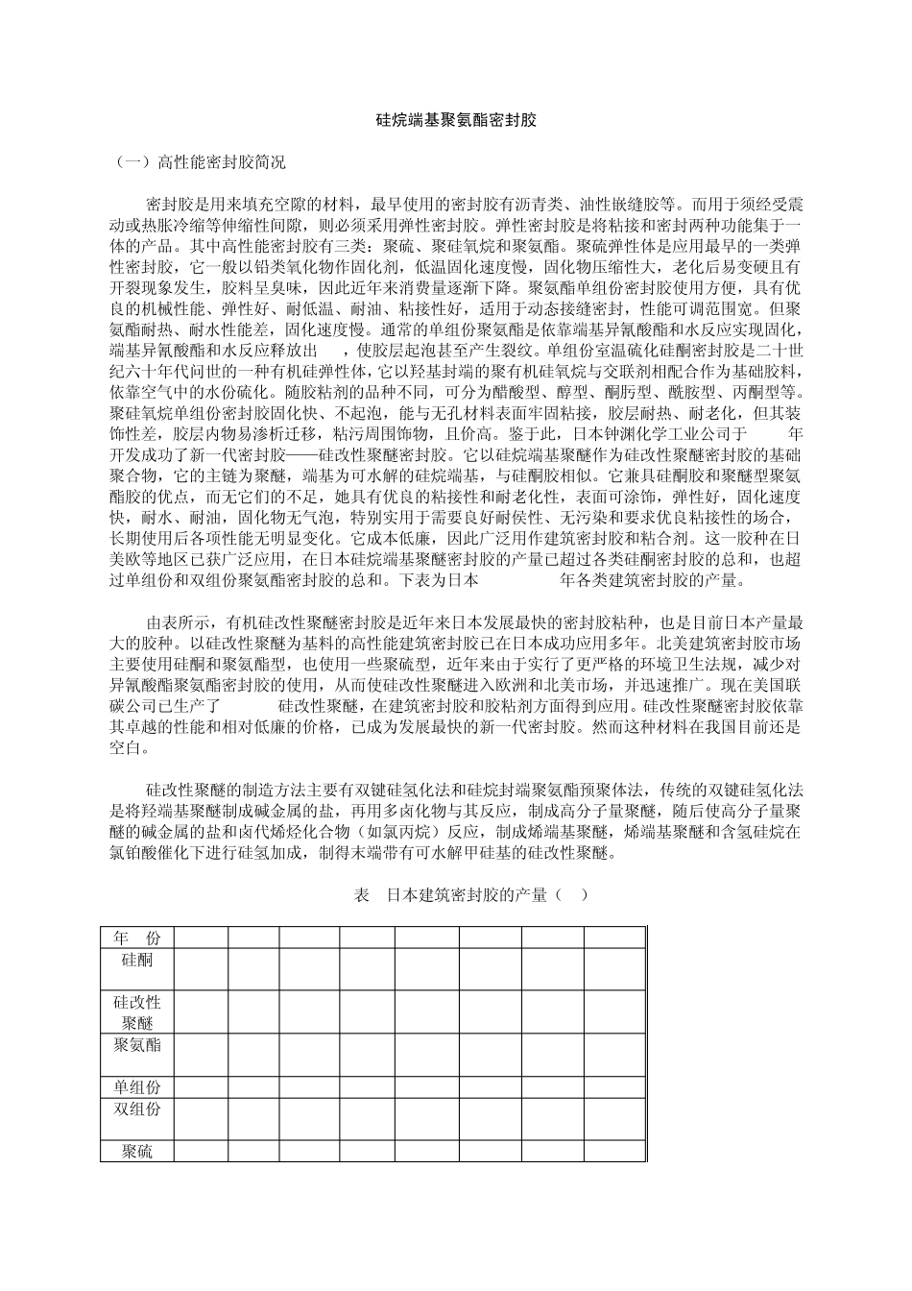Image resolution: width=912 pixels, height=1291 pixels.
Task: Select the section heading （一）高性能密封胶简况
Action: [200, 162]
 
